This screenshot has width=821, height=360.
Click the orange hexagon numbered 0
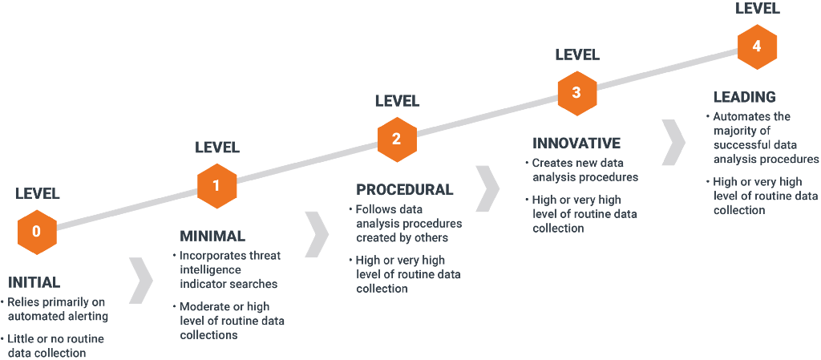[x=36, y=232]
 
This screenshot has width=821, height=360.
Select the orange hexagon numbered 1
[x=216, y=186]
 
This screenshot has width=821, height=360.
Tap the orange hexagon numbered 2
[x=396, y=139]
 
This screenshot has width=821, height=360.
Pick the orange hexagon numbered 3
[x=576, y=92]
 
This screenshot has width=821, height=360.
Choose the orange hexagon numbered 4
[x=757, y=47]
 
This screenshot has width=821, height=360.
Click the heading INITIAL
[x=34, y=282]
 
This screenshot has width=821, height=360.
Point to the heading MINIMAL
[x=212, y=237]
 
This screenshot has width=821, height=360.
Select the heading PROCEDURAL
[x=404, y=190]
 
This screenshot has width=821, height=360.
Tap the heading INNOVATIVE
[x=576, y=144]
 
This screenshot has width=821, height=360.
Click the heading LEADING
[x=744, y=97]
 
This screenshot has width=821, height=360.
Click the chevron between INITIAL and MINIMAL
[x=141, y=281]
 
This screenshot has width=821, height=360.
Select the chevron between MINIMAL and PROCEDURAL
[x=317, y=234]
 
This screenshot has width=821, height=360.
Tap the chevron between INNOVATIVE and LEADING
[x=674, y=140]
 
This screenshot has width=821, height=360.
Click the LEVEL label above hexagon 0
[x=38, y=193]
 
